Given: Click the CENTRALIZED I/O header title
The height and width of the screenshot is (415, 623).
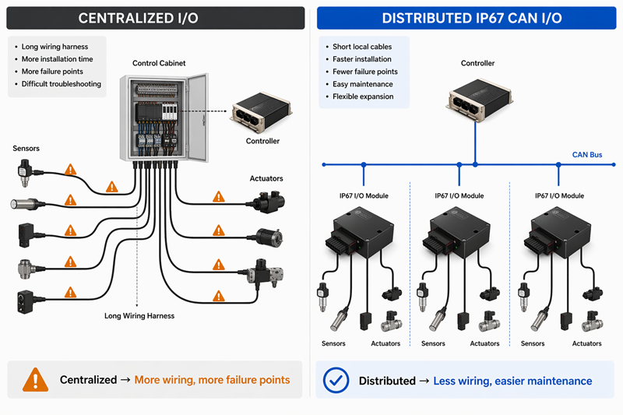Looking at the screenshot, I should click(153, 18).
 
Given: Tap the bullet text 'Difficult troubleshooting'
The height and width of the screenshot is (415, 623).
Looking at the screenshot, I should click(61, 84).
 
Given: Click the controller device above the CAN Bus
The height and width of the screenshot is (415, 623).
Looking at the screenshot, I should click(477, 101).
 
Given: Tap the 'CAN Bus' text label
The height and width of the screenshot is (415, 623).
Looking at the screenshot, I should click(586, 155).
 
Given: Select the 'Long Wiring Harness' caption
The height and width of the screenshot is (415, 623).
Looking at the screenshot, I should click(139, 316).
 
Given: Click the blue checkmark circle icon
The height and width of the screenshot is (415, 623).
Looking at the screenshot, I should click(336, 380).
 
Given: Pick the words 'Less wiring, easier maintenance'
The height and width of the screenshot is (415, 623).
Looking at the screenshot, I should click(512, 381).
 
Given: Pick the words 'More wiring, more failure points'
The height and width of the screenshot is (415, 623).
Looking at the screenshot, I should click(212, 380).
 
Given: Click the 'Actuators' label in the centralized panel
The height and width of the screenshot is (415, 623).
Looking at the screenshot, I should click(266, 178).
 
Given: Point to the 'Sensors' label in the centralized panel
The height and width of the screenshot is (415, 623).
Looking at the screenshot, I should click(26, 148).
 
